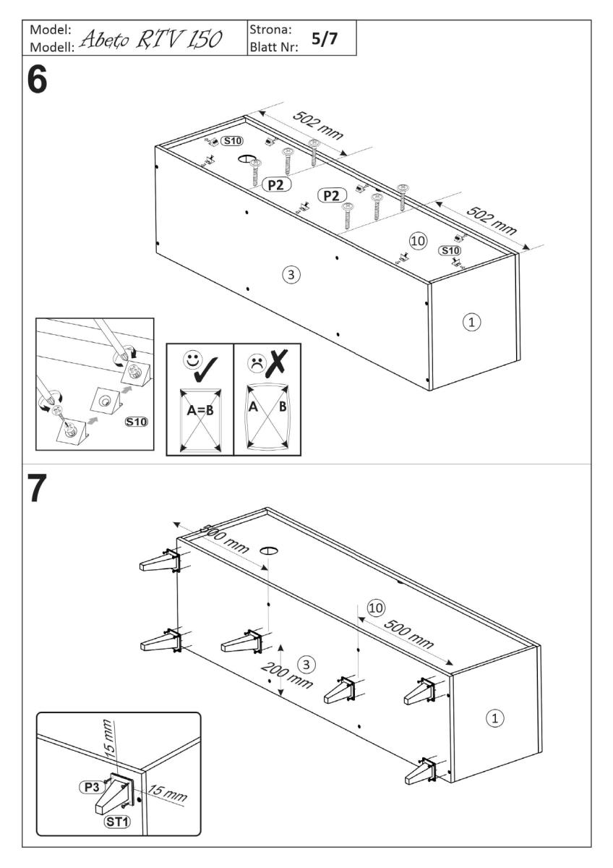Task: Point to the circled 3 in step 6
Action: (291, 274)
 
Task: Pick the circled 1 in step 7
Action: (494, 718)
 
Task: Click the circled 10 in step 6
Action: (415, 239)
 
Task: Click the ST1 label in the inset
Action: (109, 823)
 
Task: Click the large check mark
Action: (209, 366)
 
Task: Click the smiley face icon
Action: (192, 357)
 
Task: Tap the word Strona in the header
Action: (270, 30)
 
